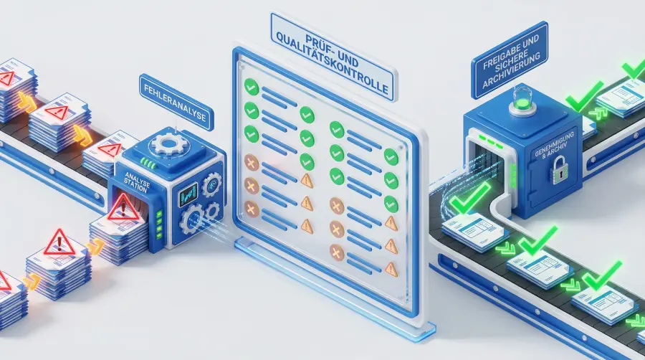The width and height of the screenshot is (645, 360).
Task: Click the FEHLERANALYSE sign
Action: (x=176, y=102)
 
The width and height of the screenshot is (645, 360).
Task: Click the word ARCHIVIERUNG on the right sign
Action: (x=511, y=71)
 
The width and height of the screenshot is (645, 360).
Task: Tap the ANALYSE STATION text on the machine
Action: (x=137, y=182)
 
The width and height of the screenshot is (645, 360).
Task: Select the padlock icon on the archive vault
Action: (x=558, y=171)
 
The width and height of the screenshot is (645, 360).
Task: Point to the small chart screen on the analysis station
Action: (x=188, y=195)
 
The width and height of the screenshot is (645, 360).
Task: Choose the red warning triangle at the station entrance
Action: (x=123, y=209)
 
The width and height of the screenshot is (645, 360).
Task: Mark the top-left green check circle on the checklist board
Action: (x=252, y=87)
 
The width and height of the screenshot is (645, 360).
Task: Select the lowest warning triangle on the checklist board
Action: (x=391, y=269)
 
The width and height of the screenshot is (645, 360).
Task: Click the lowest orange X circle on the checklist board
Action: (x=337, y=252)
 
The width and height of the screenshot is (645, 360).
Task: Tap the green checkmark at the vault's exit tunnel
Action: (x=469, y=199)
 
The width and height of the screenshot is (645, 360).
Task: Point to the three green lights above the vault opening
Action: (x=489, y=141)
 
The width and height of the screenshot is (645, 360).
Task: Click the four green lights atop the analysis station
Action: (x=148, y=164)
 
